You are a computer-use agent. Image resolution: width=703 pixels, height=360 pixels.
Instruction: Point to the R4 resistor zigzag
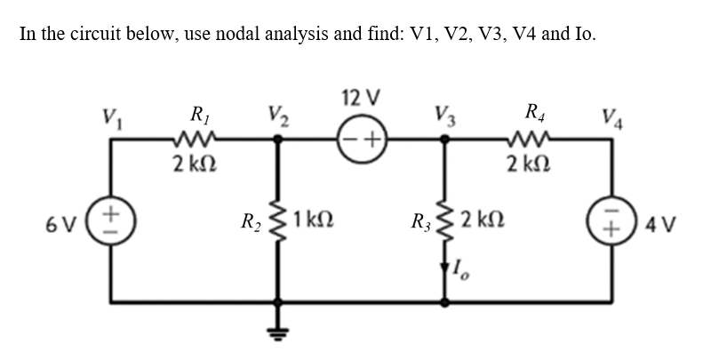(531, 138)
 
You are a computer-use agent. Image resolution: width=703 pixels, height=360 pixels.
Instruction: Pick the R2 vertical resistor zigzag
(279, 219)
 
